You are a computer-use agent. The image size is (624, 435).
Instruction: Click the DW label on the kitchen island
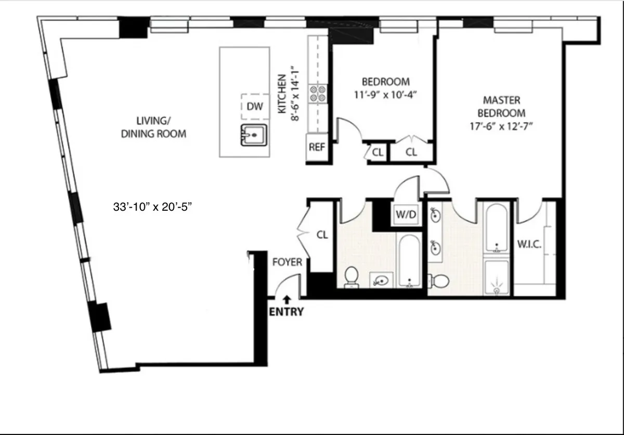[254, 107]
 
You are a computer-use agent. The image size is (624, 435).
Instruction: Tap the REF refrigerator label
[317, 147]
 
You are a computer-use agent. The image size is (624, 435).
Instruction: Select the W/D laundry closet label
[406, 214]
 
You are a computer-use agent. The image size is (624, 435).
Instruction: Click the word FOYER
[287, 262]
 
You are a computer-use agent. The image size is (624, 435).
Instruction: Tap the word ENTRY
[286, 312]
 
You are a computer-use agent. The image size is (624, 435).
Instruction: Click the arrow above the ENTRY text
[286, 299]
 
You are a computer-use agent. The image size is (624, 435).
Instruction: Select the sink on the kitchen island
[254, 135]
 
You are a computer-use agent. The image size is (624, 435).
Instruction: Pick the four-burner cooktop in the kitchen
[318, 93]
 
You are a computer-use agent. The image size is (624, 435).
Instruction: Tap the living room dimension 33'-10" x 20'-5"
[153, 207]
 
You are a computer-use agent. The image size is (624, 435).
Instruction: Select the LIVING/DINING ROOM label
[153, 127]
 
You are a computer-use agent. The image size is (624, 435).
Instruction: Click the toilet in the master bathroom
[440, 281]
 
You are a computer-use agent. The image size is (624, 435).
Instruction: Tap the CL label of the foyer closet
[322, 235]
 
